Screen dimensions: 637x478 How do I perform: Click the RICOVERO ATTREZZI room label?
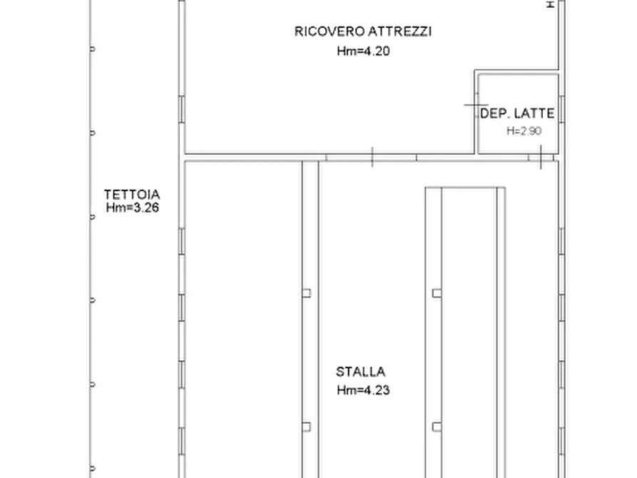coord(363,31)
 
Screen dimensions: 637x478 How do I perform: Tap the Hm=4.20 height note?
coord(363,51)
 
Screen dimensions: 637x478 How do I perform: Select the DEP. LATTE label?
coord(517,113)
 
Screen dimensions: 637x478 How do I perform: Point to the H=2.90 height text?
coord(524,131)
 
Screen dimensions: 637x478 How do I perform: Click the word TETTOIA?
coord(132,194)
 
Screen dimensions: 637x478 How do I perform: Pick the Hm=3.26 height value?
coord(133,208)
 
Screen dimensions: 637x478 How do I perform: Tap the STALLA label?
coord(361,372)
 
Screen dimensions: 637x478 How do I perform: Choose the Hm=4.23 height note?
coord(363,390)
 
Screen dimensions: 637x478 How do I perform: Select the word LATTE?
coord(534,113)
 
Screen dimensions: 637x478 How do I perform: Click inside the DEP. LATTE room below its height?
coord(518,144)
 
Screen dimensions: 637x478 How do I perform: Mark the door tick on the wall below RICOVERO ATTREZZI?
coord(372,157)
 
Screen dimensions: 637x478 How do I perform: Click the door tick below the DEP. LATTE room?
coord(541,157)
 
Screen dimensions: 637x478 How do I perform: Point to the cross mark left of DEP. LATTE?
coord(476,105)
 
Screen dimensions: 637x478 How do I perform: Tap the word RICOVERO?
coord(330,31)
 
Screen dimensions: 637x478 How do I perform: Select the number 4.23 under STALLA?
coord(376,390)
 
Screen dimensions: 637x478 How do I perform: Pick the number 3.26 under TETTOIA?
coord(146,208)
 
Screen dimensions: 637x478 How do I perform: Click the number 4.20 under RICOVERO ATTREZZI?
coord(376,51)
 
